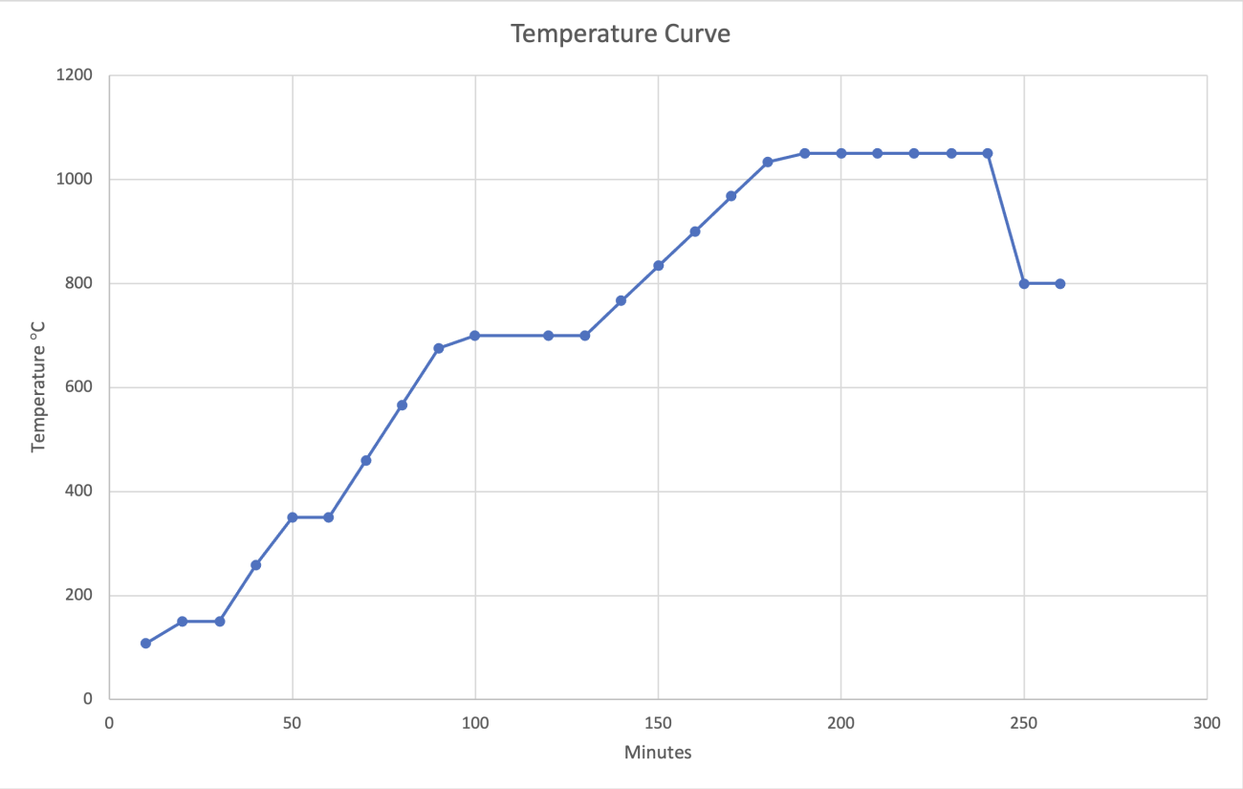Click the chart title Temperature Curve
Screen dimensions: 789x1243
[x=621, y=34]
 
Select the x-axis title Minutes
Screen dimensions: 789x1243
[x=658, y=752]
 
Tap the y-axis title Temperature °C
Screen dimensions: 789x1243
[x=39, y=385]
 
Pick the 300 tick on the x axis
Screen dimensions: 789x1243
[x=1207, y=723]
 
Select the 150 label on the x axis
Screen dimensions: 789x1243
[x=658, y=723]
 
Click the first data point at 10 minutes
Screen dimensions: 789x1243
[x=145, y=644]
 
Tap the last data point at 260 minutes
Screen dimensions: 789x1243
[x=1060, y=283]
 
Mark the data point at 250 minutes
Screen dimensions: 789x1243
[x=1024, y=283]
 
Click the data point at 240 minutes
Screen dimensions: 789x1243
[x=988, y=153]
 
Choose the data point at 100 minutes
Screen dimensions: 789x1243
[x=475, y=336]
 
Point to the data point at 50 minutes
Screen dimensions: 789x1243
[x=293, y=517]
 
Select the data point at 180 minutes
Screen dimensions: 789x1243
[x=768, y=162]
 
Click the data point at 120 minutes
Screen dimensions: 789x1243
[x=548, y=336]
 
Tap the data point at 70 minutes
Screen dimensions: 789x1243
[x=365, y=460]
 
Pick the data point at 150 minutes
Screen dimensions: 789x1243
[x=658, y=265]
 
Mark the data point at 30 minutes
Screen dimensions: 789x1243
[x=219, y=622]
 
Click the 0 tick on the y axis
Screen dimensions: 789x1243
[x=88, y=699]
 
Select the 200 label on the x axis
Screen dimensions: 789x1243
[x=840, y=723]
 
